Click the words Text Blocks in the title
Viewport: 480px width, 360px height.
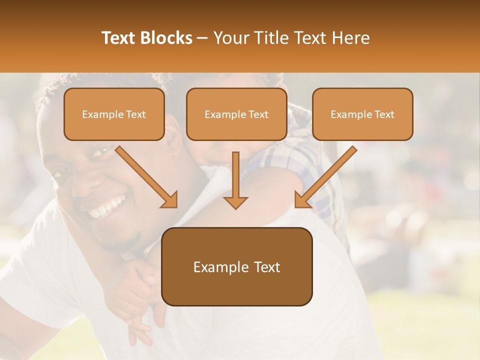[147, 38]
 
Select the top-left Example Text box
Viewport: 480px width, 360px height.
[114, 114]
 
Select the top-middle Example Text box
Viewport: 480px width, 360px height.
[236, 114]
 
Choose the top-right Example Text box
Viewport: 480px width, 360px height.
[362, 114]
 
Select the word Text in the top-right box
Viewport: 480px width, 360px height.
[383, 114]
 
